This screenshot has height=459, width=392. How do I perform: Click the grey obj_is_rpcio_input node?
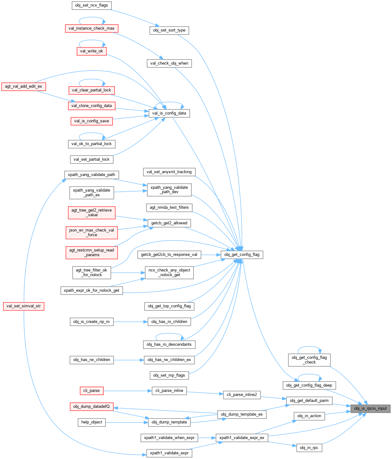click(370, 408)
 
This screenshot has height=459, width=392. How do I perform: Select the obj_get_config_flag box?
click(242, 255)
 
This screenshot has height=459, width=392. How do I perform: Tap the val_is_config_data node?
click(169, 113)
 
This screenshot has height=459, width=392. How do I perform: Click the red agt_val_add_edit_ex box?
click(23, 86)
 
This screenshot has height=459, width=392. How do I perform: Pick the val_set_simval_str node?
click(23, 306)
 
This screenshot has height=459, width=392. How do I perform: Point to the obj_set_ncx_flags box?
click(91, 5)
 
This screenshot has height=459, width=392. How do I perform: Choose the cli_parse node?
click(91, 391)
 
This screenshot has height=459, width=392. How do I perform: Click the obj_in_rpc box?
click(309, 448)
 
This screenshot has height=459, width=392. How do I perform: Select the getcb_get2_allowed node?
click(169, 223)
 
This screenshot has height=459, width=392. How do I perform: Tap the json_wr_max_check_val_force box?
click(92, 232)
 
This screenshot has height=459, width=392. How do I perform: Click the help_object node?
click(92, 422)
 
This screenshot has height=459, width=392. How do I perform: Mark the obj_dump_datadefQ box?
click(91, 407)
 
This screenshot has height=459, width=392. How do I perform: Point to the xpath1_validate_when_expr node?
click(169, 438)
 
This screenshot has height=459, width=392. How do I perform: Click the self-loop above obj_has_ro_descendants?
click(169, 334)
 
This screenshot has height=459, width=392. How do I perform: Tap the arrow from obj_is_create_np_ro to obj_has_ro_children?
click(130, 322)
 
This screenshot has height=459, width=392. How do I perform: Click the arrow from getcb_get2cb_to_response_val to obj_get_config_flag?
click(211, 255)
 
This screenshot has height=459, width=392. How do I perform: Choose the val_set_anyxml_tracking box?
click(169, 172)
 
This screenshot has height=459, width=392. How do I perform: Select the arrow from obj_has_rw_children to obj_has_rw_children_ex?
click(128, 360)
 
